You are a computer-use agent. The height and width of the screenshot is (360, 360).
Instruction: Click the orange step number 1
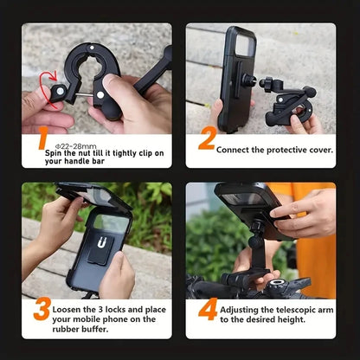(x=43, y=138)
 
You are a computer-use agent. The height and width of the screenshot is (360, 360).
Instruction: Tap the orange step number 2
(x=208, y=138)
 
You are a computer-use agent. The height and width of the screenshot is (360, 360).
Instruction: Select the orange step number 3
(x=42, y=309)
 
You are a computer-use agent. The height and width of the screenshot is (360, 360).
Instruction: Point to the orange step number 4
(x=208, y=309)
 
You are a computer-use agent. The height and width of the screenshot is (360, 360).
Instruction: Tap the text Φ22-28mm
(x=75, y=146)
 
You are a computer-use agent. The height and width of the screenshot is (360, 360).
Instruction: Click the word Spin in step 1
(x=54, y=153)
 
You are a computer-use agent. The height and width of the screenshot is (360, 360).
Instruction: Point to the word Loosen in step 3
(x=67, y=310)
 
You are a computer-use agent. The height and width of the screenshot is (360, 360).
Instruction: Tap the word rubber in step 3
(x=66, y=329)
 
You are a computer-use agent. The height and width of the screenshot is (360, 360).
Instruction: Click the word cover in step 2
(x=320, y=151)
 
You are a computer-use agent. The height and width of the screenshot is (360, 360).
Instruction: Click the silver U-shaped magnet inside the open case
(x=101, y=241)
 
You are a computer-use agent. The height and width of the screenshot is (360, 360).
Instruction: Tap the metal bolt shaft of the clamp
(x=84, y=93)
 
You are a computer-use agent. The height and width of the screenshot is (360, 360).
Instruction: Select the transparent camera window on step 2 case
(x=246, y=46)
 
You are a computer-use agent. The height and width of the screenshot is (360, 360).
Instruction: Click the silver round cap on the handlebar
(x=277, y=283)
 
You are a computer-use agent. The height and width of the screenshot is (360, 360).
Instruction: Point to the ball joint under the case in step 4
(x=256, y=241)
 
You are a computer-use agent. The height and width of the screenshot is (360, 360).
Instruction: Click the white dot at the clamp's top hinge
(x=92, y=48)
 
